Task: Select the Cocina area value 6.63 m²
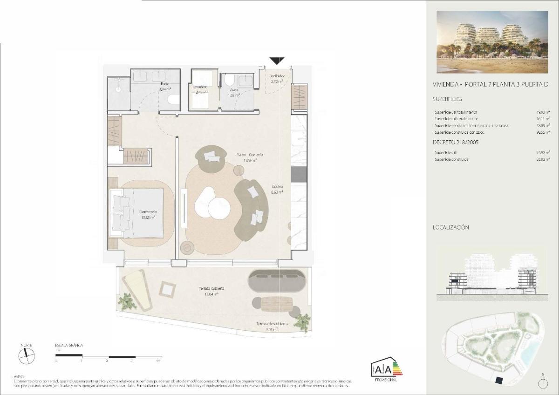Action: tap(278, 191)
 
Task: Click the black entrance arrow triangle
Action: tap(277, 61)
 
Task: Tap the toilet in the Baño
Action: tap(173, 99)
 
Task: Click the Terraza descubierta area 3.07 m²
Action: tap(271, 329)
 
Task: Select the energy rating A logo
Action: tap(386, 369)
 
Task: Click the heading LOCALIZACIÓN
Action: tap(450, 228)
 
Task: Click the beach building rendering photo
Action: tap(492, 42)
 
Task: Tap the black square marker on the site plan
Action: tap(499, 381)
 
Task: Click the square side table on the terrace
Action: tap(167, 289)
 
